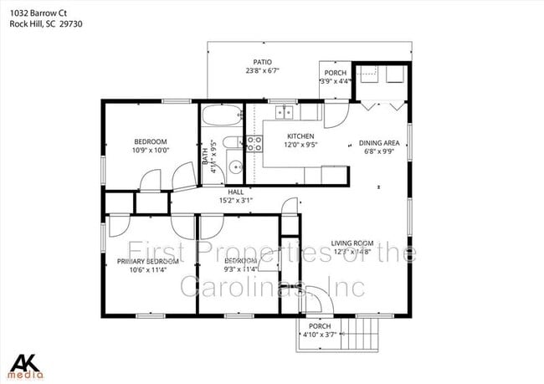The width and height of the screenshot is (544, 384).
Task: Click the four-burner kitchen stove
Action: [x=254, y=143]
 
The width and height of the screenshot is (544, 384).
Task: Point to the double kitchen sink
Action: [x=285, y=110]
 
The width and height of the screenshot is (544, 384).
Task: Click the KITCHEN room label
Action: [x=300, y=136]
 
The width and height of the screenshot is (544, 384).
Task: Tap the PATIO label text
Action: [x=262, y=62]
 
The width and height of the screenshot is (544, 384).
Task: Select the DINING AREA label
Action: [x=378, y=142]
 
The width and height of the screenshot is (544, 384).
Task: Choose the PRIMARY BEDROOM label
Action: [x=147, y=261]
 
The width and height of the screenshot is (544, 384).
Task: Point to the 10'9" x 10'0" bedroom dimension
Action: [x=151, y=151]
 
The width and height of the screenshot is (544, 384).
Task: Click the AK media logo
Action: [x=26, y=365]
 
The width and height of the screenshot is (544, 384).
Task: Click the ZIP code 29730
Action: [x=74, y=23]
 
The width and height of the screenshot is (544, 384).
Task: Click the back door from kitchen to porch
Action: [x=335, y=115]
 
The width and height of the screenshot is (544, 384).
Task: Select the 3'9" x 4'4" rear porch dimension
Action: [x=336, y=81]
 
